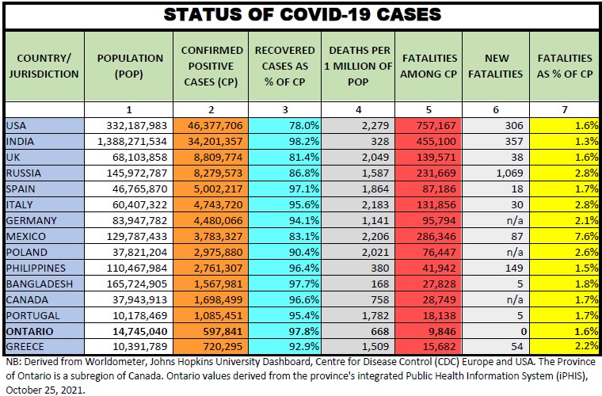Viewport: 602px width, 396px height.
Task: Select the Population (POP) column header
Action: [x=130, y=66]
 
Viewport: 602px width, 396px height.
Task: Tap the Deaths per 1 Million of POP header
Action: [x=356, y=66]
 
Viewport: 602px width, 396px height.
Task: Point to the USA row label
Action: [x=16, y=125]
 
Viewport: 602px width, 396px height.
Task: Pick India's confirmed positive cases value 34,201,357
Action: [x=211, y=140]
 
